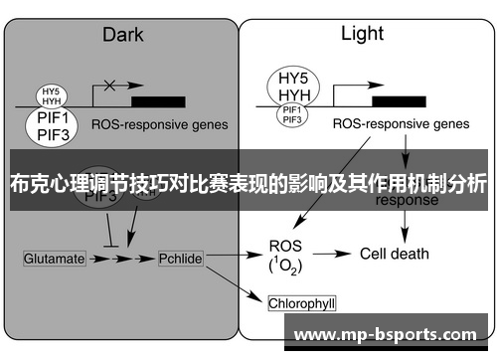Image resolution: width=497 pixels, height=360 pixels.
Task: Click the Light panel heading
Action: [362, 34]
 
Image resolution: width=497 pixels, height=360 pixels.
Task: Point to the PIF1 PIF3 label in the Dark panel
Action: [51, 126]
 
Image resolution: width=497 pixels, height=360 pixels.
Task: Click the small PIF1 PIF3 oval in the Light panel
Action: [292, 114]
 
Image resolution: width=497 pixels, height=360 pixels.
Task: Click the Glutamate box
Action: [54, 258]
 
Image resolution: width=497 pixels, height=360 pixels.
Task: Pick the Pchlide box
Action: [181, 258]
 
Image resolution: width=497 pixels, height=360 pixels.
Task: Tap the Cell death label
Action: [394, 254]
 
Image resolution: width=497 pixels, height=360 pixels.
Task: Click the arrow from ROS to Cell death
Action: [335, 254]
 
